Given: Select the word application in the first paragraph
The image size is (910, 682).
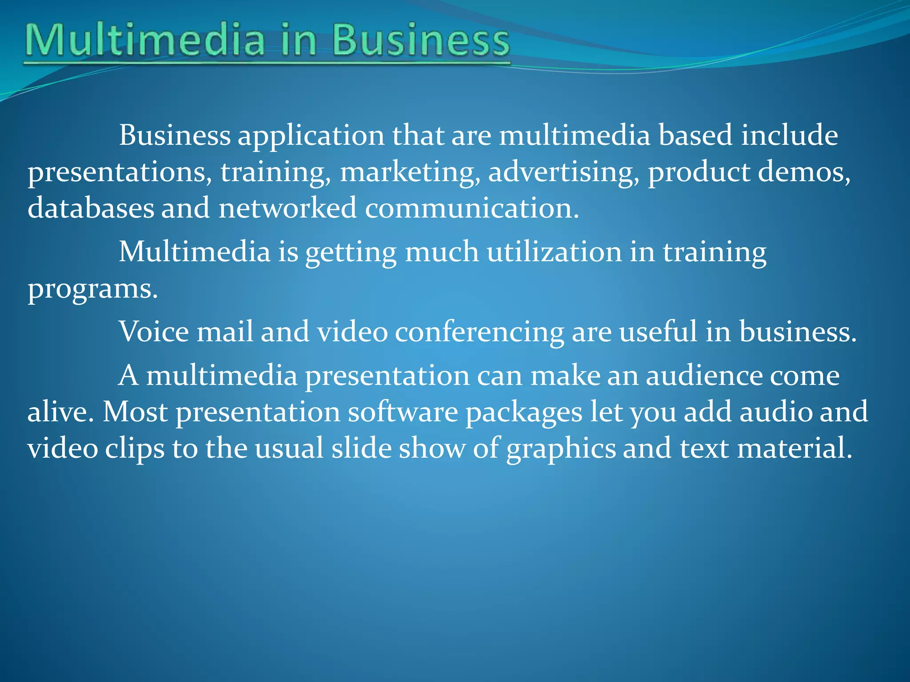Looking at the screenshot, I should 311,135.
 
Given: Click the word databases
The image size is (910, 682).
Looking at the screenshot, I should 91,208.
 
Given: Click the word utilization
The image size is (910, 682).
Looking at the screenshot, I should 554,252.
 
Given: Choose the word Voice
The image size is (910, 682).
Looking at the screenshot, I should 154,332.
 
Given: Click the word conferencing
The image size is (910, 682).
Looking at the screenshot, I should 479,333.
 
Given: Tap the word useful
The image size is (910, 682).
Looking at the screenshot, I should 658,332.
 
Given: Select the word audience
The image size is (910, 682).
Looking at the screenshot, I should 704,376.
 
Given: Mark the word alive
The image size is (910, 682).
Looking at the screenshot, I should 60,412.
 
